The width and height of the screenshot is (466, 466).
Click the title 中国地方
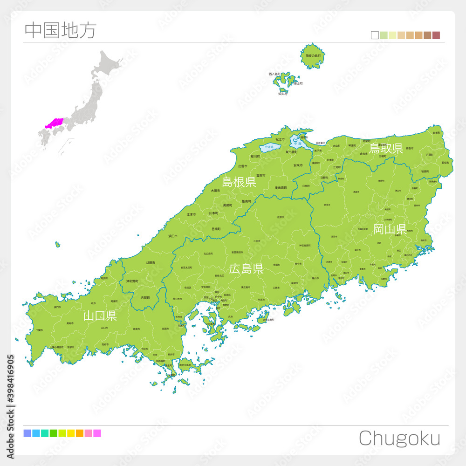60,30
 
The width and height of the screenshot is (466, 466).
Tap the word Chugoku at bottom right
399,439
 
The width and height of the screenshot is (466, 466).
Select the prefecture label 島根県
239,182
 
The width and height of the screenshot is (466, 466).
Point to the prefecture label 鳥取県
386,149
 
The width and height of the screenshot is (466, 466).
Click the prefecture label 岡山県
389,229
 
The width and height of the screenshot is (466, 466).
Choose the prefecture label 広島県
247,268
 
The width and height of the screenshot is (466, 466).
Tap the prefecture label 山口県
100,316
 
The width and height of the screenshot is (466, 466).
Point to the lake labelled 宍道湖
269,147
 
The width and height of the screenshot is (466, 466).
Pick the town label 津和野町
132,281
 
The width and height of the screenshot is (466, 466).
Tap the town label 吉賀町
145,297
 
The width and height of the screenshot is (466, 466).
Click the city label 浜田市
173,236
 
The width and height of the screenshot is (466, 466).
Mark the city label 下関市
39,330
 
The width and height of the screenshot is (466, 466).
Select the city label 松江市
280,139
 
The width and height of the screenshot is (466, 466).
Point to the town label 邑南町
216,229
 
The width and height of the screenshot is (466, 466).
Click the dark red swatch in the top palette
436,35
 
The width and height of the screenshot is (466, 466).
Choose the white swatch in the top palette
375,35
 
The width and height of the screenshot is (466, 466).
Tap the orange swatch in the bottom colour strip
79,433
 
